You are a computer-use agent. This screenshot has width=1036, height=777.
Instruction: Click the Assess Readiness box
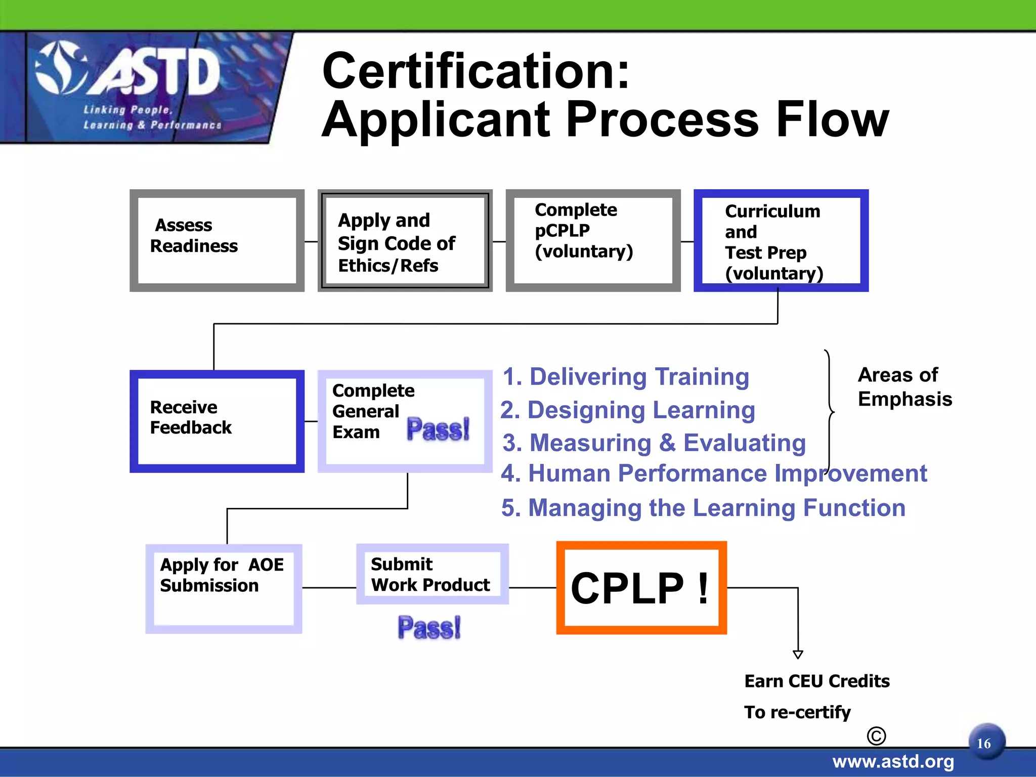(x=217, y=240)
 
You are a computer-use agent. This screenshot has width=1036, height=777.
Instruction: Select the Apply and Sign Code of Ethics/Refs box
(x=405, y=241)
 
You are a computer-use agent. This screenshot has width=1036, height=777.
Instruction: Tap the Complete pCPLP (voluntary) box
(x=593, y=241)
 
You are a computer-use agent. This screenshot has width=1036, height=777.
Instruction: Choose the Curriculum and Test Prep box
(x=781, y=241)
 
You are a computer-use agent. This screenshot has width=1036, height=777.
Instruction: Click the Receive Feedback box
(x=217, y=421)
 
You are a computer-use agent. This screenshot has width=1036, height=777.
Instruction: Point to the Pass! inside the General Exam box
(x=438, y=429)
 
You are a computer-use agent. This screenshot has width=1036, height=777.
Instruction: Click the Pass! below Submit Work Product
(x=429, y=627)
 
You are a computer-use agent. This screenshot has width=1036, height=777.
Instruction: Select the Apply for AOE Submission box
(x=224, y=588)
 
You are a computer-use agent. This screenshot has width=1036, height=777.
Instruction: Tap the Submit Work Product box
(x=432, y=574)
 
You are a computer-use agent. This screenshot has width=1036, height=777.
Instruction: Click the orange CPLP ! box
(x=641, y=587)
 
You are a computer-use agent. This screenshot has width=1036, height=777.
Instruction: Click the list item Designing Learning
(x=628, y=410)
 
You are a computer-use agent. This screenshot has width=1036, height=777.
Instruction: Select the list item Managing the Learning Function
(x=703, y=507)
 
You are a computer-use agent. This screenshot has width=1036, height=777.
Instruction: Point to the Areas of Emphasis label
(x=904, y=387)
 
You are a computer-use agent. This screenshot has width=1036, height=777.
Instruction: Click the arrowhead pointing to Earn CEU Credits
(x=798, y=655)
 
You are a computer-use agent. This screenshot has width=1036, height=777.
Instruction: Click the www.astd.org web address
(x=893, y=761)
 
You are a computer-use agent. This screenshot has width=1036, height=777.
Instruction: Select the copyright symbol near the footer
(x=876, y=736)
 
